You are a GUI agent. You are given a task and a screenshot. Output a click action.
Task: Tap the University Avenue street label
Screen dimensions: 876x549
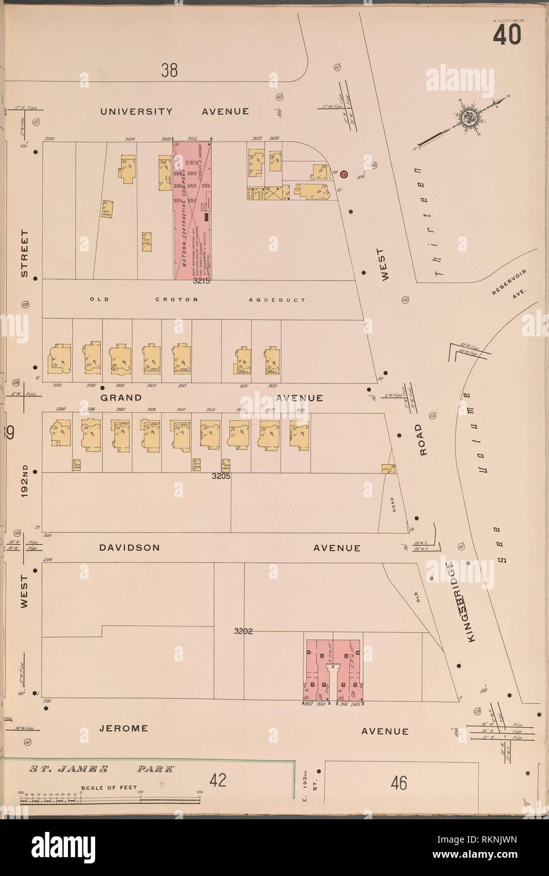pyautogui.click(x=175, y=111)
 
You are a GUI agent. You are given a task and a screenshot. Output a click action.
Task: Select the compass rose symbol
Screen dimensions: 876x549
pyautogui.click(x=472, y=120)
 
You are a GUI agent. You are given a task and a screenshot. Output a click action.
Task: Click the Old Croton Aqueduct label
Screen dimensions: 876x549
pyautogui.click(x=197, y=300)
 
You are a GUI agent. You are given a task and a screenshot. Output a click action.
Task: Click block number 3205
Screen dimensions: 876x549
pyautogui.click(x=221, y=476)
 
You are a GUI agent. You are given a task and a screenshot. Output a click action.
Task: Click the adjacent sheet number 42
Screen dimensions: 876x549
pyautogui.click(x=218, y=780)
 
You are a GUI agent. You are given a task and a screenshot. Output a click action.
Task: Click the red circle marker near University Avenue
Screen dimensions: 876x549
pyautogui.click(x=344, y=173)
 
